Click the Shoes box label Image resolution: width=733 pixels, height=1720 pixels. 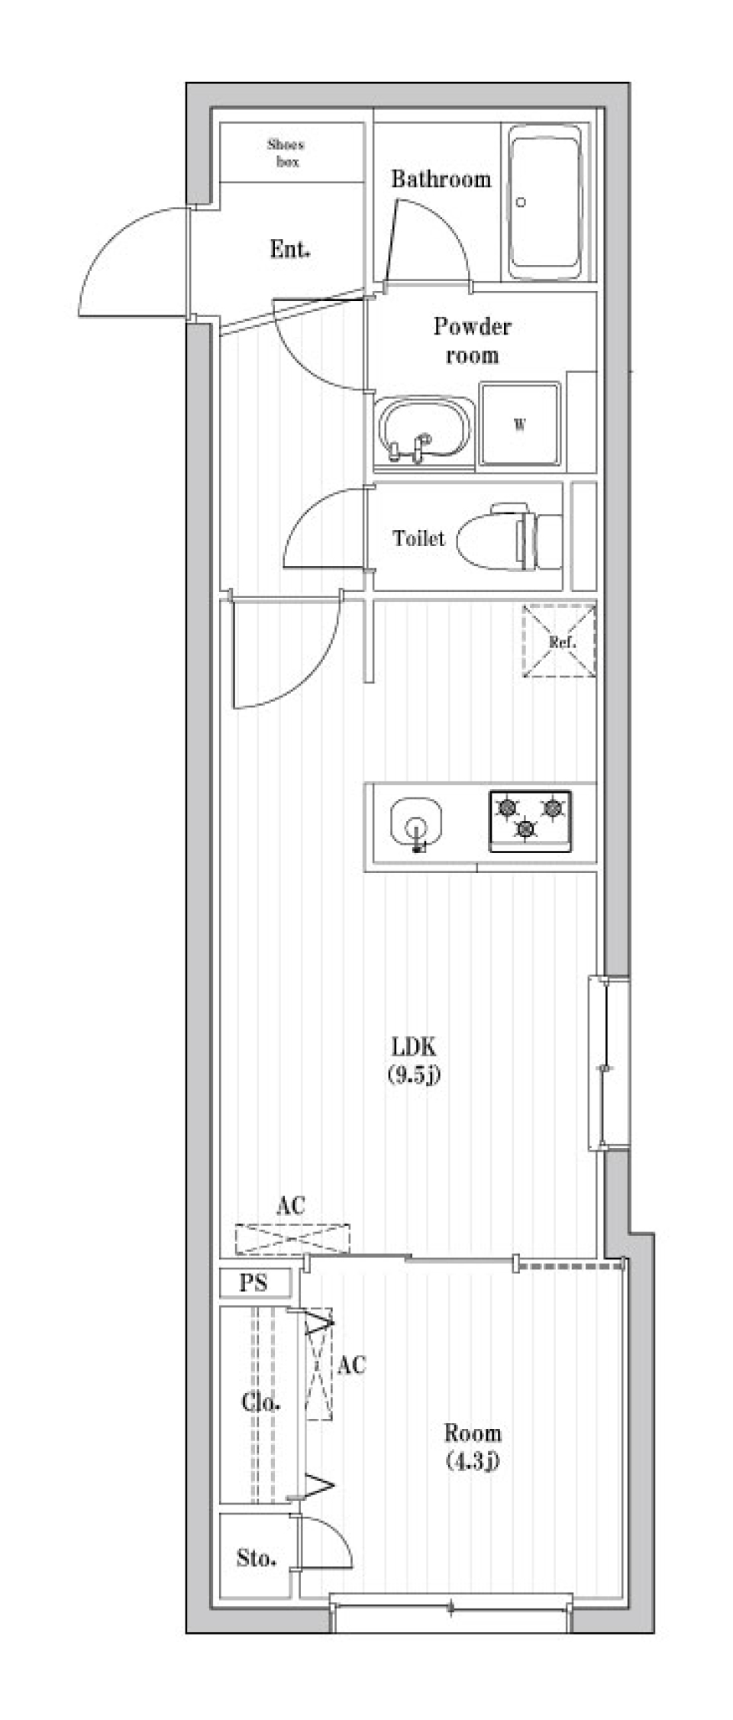click(286, 153)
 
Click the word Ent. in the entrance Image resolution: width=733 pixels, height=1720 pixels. click(289, 249)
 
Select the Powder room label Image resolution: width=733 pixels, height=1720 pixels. click(472, 341)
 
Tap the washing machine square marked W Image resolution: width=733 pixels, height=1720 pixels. click(520, 425)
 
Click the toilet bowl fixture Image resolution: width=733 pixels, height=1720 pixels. click(508, 538)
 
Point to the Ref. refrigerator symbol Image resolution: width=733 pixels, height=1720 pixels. click(560, 641)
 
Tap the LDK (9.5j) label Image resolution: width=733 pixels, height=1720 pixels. click(415, 1060)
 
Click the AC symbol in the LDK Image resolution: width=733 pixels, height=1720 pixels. click(292, 1238)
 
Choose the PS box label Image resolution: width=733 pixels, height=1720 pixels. click(254, 1282)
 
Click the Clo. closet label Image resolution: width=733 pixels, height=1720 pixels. click(260, 1402)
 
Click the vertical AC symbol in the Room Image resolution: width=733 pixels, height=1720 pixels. click(320, 1363)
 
